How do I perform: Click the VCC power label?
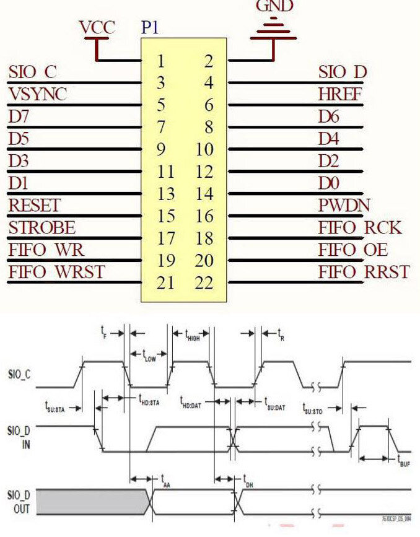(97, 27)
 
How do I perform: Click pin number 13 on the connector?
(165, 194)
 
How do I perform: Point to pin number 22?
(203, 283)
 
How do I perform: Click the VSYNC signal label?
(38, 94)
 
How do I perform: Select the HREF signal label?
(340, 94)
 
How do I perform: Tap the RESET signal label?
(35, 205)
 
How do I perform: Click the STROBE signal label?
(42, 227)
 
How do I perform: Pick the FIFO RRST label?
(364, 272)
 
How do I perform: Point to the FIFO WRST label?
(56, 272)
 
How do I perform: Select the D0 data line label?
(329, 183)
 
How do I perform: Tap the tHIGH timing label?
(193, 334)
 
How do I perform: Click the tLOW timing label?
(149, 356)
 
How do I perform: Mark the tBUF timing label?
(405, 460)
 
